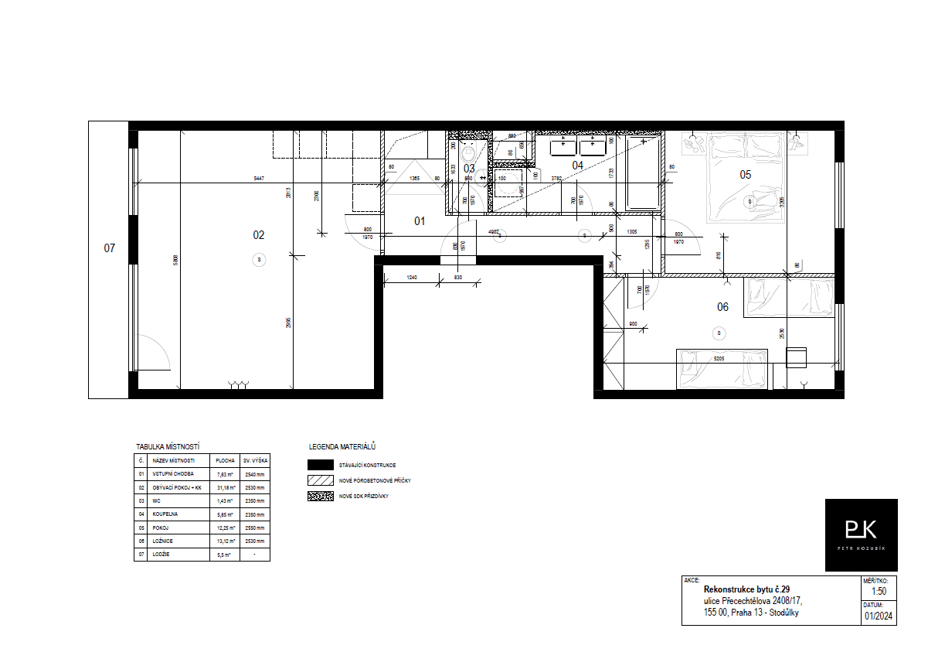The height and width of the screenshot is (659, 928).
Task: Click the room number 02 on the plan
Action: (x=259, y=235)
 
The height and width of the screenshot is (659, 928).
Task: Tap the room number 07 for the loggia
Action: (x=110, y=248)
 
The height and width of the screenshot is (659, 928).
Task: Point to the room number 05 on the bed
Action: (x=745, y=175)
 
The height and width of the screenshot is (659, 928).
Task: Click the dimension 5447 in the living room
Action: (x=258, y=179)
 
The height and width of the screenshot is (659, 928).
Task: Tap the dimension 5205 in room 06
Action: (x=719, y=359)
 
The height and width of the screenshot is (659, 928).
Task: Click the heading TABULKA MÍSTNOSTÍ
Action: (x=168, y=447)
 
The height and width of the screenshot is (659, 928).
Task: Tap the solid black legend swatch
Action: (x=320, y=465)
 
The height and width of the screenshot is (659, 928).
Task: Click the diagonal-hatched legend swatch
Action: (x=320, y=480)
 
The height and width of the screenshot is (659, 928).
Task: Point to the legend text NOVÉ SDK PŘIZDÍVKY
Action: (x=363, y=496)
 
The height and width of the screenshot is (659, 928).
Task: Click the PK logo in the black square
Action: (x=861, y=531)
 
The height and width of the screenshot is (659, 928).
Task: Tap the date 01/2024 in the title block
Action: (x=879, y=616)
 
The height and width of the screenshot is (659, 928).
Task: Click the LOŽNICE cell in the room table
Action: (x=161, y=541)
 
